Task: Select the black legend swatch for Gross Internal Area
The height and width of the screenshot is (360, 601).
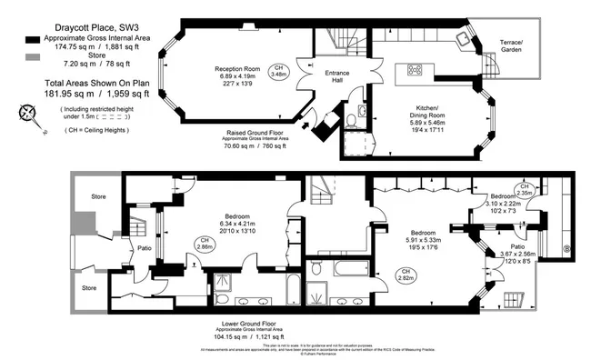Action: tap(33, 39)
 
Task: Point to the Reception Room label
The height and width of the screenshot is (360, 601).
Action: tap(239, 69)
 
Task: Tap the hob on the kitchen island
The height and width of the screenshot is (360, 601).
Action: tap(416, 69)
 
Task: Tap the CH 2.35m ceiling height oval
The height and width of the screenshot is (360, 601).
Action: tap(525, 191)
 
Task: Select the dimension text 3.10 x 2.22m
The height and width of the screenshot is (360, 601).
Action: tap(503, 205)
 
